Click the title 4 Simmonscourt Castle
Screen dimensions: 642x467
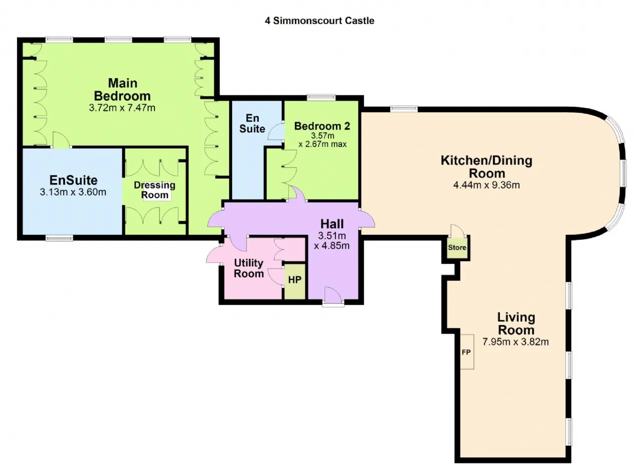click(319, 21)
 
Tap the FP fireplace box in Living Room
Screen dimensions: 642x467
click(467, 352)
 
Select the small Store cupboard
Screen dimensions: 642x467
click(457, 247)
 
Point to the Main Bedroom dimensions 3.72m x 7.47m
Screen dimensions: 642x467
click(122, 108)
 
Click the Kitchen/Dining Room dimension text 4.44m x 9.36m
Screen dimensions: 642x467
click(487, 185)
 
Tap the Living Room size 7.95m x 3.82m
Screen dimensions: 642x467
click(516, 342)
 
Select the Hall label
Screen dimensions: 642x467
click(332, 224)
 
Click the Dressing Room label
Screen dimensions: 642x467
click(154, 190)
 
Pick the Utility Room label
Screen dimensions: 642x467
click(249, 268)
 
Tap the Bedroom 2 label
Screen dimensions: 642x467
click(322, 126)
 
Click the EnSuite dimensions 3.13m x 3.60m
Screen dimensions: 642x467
click(73, 192)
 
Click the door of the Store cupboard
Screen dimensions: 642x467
click(457, 230)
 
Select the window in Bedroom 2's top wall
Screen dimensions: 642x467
click(322, 98)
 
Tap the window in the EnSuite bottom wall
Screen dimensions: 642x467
click(59, 238)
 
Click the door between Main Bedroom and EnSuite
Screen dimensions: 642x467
click(61, 140)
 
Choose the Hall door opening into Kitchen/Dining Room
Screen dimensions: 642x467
click(367, 219)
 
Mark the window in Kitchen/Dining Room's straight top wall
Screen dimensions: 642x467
click(404, 109)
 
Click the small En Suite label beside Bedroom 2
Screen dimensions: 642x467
click(252, 123)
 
